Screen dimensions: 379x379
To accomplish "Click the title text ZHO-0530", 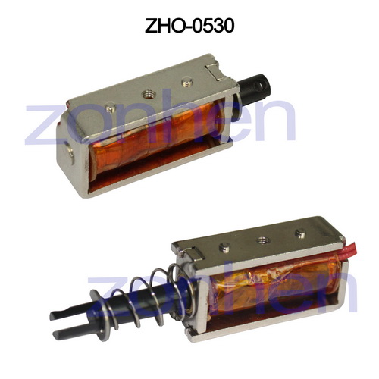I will tap(189, 27).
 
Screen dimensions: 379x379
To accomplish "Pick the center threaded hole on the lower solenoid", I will tap(262, 238).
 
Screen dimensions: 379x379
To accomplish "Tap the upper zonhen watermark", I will tap(159, 121).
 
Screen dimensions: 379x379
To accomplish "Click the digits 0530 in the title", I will tap(211, 27).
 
